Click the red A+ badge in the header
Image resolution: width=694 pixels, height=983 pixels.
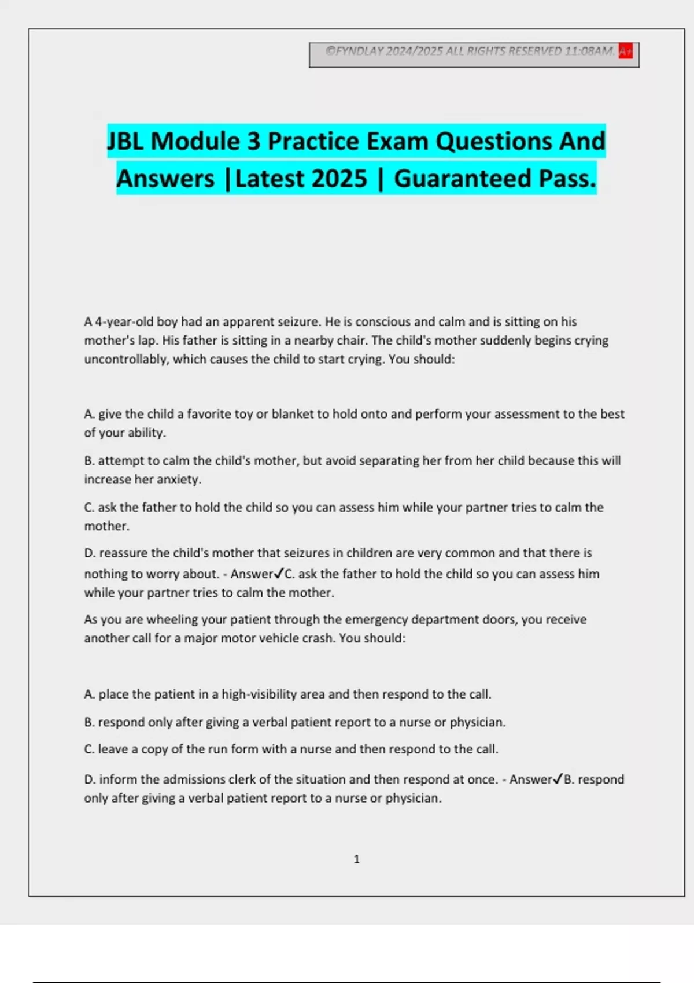click(625, 51)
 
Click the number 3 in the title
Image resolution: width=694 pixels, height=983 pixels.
click(254, 141)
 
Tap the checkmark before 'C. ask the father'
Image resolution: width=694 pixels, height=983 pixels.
click(279, 573)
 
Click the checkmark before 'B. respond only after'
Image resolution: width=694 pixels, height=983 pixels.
click(558, 779)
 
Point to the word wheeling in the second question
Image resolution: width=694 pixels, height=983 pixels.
click(169, 619)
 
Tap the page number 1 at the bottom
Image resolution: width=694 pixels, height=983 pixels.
click(356, 859)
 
